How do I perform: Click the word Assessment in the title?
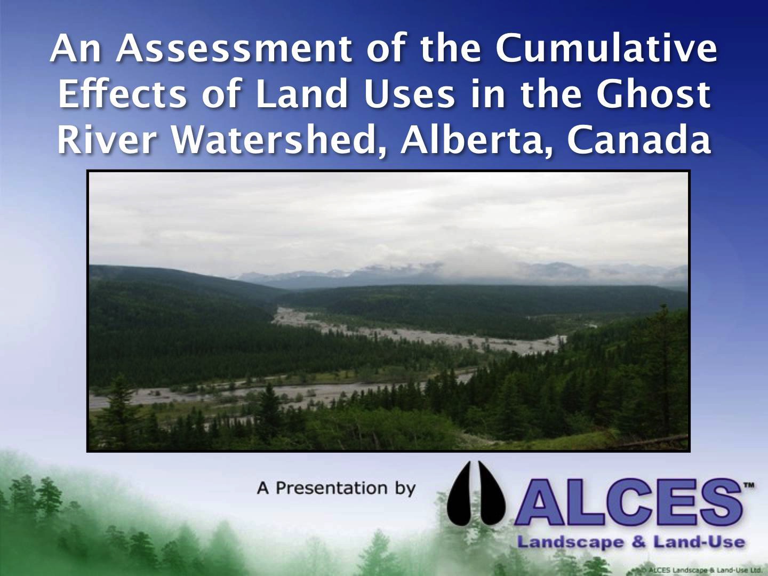234,48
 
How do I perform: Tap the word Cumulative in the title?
606,48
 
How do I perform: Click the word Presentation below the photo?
332,488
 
